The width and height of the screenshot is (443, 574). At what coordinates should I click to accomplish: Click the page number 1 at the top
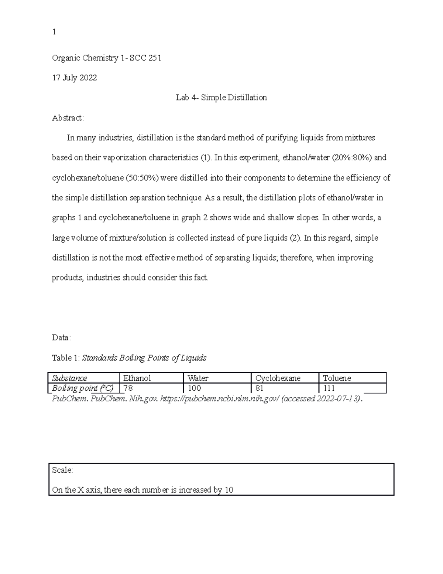pos(54,32)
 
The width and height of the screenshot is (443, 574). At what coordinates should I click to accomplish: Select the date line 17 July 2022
pos(75,78)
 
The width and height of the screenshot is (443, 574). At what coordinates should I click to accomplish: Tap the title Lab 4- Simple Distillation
pos(221,98)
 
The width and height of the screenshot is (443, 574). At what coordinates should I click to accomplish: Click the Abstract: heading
pos(68,118)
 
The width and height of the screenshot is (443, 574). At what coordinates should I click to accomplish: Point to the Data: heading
pos(61,337)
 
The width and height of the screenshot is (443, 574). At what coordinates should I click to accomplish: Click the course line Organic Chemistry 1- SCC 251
pos(107,58)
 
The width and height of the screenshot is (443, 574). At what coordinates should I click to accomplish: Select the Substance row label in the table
pos(70,378)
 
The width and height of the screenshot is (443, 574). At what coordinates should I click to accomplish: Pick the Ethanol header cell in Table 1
pos(137,378)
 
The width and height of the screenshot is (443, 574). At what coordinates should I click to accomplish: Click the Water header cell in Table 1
pos(198,378)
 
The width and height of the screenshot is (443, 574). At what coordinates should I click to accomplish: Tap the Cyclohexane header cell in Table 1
pos(278,378)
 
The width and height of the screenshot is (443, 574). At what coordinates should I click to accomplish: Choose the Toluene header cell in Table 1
pos(337,378)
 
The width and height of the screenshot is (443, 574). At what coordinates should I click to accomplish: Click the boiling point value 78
pos(128,388)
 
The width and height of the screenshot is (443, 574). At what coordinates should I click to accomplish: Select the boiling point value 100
pos(194,388)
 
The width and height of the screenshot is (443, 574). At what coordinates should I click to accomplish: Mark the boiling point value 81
pos(259,388)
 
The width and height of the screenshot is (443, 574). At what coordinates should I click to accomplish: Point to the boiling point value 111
pos(329,388)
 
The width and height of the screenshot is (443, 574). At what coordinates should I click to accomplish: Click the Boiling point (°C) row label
pos(83,388)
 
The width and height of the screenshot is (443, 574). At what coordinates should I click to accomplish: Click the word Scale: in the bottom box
pos(62,470)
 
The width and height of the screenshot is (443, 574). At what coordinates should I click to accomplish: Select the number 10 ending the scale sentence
pos(229,490)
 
